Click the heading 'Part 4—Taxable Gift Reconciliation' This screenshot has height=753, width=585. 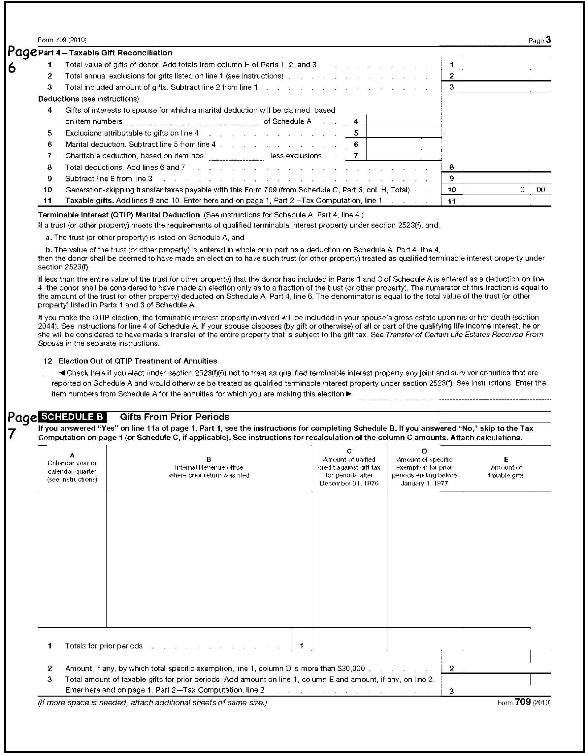(x=105, y=53)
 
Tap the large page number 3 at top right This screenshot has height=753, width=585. (x=548, y=40)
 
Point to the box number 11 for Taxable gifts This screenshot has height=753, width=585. (x=451, y=201)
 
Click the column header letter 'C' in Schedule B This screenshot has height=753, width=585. (x=349, y=451)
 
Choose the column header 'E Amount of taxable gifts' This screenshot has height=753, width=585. (x=506, y=467)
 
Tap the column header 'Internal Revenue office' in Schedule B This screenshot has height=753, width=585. (x=209, y=467)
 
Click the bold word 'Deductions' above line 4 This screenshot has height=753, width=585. (x=59, y=99)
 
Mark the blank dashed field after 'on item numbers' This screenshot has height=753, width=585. (x=191, y=123)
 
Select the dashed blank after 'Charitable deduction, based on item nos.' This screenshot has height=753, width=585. (x=236, y=157)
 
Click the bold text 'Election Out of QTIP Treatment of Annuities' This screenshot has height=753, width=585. (x=138, y=361)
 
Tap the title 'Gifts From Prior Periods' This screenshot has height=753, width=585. (x=175, y=417)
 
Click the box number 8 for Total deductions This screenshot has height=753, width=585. (x=451, y=167)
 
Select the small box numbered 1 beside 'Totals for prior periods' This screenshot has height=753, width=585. (x=302, y=646)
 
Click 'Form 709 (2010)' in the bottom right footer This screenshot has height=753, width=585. (x=524, y=702)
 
